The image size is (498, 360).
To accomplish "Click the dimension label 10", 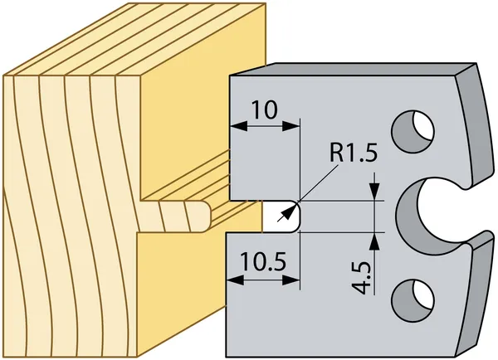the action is coord(264,109).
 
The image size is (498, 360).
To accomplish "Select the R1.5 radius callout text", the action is coord(354,153).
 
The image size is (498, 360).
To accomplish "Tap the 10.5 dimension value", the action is coord(263,261).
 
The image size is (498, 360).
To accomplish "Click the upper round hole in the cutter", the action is coord(413,131).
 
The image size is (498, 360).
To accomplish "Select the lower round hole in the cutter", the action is coord(413,299).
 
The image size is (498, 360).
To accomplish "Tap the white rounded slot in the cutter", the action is coord(281,216).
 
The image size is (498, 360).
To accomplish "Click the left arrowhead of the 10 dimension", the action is coord(238,126).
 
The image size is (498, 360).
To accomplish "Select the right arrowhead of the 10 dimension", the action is coord(290,126).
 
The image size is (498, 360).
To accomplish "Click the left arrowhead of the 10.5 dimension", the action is coord(235,280).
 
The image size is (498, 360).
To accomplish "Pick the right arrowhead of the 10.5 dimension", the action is coord(291,280).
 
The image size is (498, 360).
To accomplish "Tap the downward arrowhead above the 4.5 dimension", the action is coord(375,192).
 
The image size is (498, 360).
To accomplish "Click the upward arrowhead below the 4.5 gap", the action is coord(375,241).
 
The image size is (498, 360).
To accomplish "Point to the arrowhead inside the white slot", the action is coord(287,212).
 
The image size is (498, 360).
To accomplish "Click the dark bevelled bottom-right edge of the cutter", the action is coord(476,295).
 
